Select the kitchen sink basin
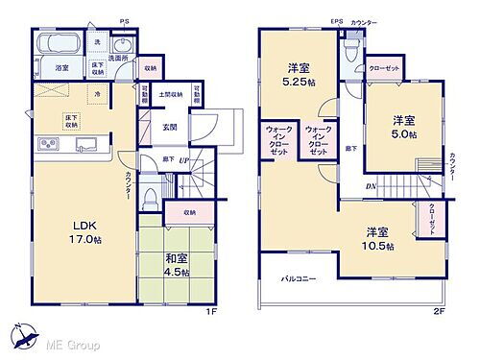pyautogui.click(x=84, y=146)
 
